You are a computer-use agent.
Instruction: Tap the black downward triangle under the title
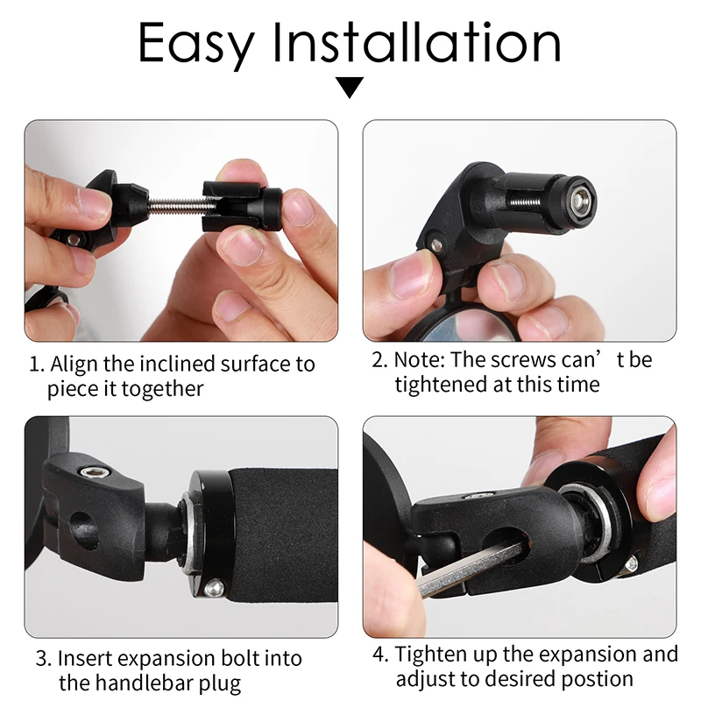click(x=350, y=88)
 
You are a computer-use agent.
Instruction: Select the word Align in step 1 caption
click(x=74, y=364)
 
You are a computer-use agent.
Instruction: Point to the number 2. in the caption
click(x=379, y=360)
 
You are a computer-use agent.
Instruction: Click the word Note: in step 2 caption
click(x=419, y=360)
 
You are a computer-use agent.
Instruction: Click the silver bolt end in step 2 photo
click(x=578, y=193)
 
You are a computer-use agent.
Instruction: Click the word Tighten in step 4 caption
click(x=429, y=655)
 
